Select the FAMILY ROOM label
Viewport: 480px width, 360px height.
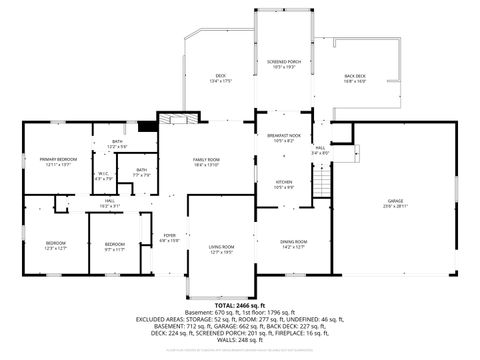pos(206,162)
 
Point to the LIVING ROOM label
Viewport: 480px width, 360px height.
pos(221,250)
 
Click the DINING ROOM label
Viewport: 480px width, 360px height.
pos(293,243)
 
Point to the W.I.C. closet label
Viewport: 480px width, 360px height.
pos(103,177)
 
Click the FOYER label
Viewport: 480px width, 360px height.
pos(170,238)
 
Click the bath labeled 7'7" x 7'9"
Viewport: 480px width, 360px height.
pos(141,173)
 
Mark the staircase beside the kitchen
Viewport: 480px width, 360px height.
pos(322,184)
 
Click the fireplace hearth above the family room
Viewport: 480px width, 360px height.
pos(179,119)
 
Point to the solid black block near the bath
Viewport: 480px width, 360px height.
pos(147,126)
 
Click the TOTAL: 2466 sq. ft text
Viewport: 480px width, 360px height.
pos(240,303)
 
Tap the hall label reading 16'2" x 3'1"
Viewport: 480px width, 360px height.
pos(110,203)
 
